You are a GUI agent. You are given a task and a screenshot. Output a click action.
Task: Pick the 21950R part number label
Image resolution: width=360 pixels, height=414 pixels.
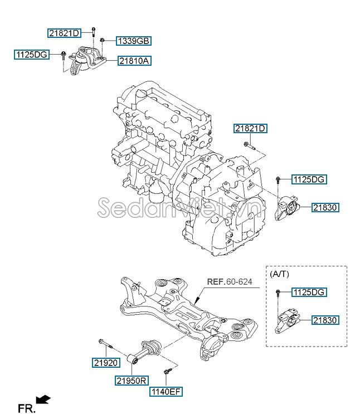132,381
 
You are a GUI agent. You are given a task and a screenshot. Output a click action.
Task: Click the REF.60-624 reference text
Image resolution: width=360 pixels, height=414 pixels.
230,283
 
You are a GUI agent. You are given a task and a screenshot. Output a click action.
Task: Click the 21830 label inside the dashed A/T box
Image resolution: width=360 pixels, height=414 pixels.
325,320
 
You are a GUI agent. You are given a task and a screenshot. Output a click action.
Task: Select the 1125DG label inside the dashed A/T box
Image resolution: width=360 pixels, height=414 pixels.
309,292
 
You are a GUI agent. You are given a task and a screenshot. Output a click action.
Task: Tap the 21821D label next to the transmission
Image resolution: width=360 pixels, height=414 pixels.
250,129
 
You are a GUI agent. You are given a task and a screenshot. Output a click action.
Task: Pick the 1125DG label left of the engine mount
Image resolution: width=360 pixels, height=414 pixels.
32,55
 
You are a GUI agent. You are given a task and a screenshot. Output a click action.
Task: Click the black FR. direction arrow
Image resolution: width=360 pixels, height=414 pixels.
43,399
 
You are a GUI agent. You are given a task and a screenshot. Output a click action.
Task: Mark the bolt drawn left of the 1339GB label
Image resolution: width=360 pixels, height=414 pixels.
103,40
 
